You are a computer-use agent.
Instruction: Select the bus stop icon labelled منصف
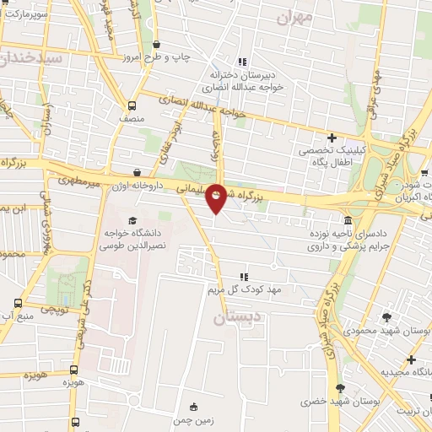(x=132, y=105)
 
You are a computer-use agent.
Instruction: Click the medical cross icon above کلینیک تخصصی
(x=332, y=138)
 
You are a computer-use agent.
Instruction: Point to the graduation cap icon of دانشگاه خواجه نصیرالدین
(x=132, y=221)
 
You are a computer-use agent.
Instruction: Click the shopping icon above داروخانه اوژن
(x=137, y=172)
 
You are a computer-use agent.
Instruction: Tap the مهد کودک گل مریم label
(x=245, y=289)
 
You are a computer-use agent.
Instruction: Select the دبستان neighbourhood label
(x=232, y=318)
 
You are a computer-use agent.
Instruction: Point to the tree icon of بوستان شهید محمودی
(x=386, y=317)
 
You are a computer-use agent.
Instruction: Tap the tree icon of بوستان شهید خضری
(x=340, y=388)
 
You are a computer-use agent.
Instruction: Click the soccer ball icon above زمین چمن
(x=195, y=406)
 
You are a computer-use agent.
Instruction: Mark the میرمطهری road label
(x=78, y=179)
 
